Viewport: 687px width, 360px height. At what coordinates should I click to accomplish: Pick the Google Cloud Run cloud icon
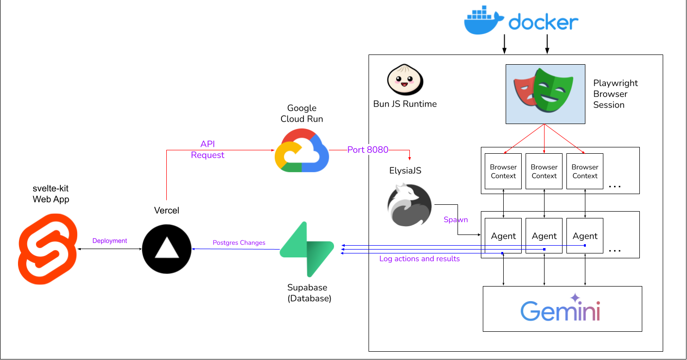pyautogui.click(x=302, y=150)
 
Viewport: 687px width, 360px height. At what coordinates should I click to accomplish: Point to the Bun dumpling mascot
pyautogui.click(x=405, y=81)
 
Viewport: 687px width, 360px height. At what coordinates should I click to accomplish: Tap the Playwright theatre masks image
pyautogui.click(x=545, y=94)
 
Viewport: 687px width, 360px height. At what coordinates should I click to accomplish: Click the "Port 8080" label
pyautogui.click(x=368, y=150)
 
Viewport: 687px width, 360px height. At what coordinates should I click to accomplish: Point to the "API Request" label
pyautogui.click(x=208, y=150)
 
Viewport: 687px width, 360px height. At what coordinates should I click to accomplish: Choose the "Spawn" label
pyautogui.click(x=456, y=219)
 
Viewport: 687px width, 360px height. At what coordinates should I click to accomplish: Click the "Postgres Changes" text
pyautogui.click(x=239, y=242)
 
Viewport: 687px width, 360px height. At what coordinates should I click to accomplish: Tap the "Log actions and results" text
pyautogui.click(x=419, y=259)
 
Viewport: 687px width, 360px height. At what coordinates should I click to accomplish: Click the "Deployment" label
pyautogui.click(x=109, y=241)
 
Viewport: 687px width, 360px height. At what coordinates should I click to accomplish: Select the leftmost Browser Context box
pyautogui.click(x=503, y=171)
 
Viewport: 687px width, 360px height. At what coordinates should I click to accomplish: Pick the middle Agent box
pyautogui.click(x=544, y=236)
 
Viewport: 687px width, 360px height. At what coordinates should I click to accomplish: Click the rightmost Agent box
pyautogui.click(x=585, y=236)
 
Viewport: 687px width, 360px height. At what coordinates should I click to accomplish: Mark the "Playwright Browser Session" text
pyautogui.click(x=615, y=94)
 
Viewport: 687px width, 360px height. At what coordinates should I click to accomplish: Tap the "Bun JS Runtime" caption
pyautogui.click(x=405, y=104)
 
